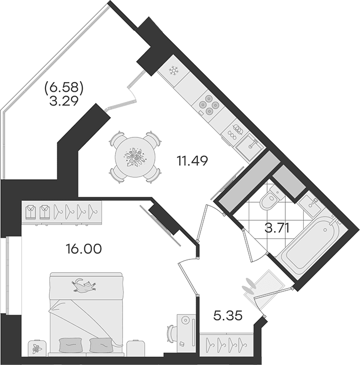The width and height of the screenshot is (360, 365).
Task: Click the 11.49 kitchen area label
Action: (192, 161)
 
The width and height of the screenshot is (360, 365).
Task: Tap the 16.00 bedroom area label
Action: (84, 249)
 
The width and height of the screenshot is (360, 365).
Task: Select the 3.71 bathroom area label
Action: (277, 228)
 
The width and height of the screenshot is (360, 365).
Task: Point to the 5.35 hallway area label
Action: (228, 316)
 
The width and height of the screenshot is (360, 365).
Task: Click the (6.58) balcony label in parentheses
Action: (64, 89)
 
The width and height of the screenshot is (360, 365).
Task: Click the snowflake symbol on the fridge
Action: (173, 71)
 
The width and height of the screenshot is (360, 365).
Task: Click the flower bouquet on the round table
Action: (135, 158)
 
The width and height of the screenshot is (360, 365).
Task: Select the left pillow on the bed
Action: (68, 345)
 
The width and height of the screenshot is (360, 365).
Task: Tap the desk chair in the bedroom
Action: (171, 336)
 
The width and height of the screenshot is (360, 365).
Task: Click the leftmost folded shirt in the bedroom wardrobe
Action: (30, 212)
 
